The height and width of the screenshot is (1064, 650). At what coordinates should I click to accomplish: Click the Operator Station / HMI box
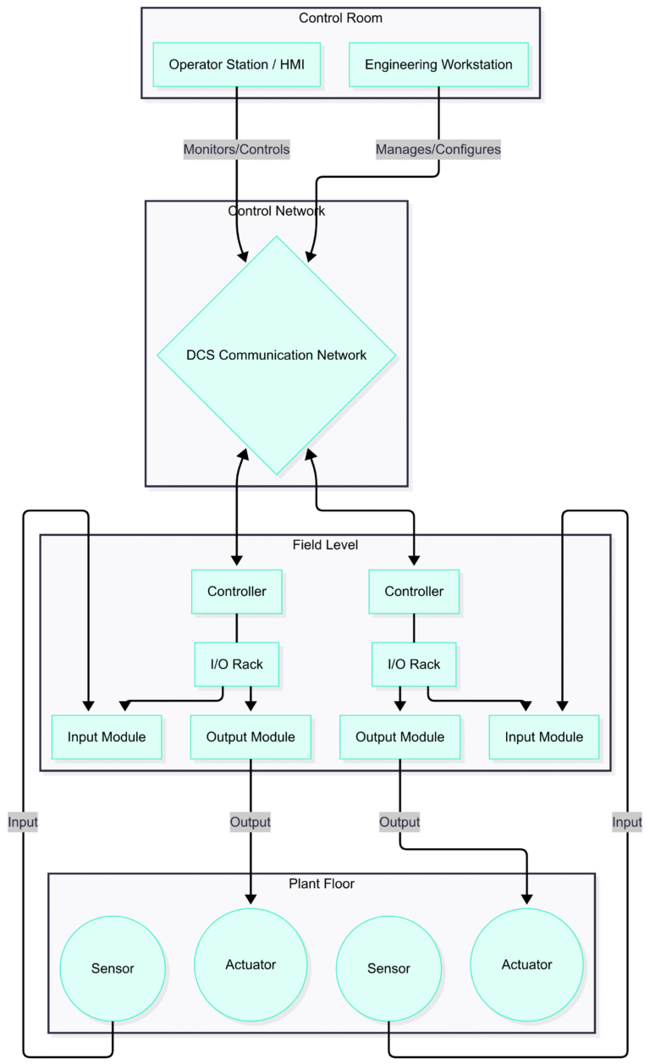coord(237,64)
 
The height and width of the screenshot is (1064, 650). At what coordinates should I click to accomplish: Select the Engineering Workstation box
coord(438,64)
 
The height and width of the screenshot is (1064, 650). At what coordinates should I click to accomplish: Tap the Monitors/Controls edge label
coord(237,149)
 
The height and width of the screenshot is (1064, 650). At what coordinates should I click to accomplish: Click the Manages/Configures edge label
coord(438,149)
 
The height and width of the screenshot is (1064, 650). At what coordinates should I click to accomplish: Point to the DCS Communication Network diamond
coord(277,355)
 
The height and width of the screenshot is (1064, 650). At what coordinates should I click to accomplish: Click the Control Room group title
coord(340,18)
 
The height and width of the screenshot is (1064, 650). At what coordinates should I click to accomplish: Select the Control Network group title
coord(277,211)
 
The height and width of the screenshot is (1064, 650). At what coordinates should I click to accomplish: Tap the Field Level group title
coord(325,544)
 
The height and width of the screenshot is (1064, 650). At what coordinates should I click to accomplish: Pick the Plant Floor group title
coord(322,883)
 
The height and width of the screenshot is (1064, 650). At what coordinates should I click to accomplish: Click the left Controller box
coord(237,591)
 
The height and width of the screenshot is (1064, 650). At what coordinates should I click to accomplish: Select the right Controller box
coord(414,591)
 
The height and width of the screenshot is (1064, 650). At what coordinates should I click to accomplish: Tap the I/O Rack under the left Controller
coord(237,664)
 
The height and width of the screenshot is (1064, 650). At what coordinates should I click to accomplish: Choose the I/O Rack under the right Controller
coord(414,664)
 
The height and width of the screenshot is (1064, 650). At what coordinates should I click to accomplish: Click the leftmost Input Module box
coord(107,736)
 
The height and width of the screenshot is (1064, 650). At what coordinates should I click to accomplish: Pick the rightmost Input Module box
coord(543,736)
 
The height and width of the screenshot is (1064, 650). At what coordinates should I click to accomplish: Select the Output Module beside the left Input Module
coord(251,736)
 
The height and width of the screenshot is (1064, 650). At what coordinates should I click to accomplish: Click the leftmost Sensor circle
coord(113,968)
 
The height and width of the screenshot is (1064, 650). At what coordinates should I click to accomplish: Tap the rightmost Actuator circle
coord(526,964)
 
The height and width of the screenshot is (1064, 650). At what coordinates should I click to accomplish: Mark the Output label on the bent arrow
coord(399,821)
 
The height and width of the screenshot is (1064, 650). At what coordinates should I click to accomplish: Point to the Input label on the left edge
coord(23,821)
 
